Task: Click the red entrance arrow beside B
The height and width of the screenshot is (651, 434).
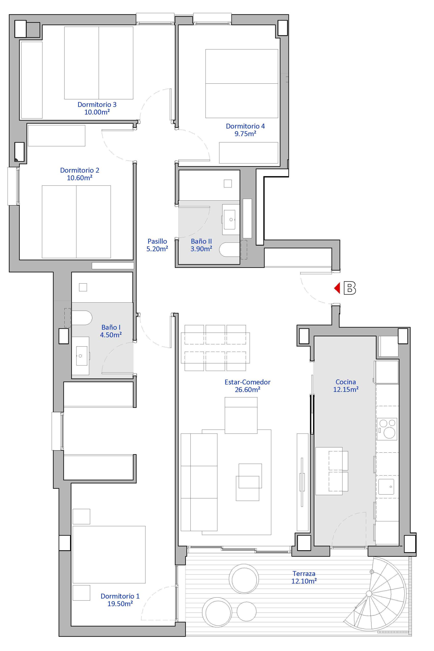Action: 337,288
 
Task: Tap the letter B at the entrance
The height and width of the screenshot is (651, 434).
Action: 350,288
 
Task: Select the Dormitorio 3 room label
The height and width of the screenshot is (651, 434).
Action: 97,104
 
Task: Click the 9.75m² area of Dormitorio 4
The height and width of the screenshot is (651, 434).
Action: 245,134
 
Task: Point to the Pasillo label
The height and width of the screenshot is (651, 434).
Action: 157,241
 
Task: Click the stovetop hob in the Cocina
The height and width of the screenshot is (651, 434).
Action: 387,429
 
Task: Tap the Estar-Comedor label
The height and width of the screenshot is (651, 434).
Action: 247,382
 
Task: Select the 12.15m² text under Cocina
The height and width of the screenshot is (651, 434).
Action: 346,389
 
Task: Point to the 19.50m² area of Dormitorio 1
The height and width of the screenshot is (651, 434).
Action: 120,604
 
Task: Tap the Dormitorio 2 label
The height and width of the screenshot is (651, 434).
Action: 80,170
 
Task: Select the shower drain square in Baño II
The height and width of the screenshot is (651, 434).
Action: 228,184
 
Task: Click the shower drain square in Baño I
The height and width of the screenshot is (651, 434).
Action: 83,287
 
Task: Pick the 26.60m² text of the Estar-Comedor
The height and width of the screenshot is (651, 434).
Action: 247,390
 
